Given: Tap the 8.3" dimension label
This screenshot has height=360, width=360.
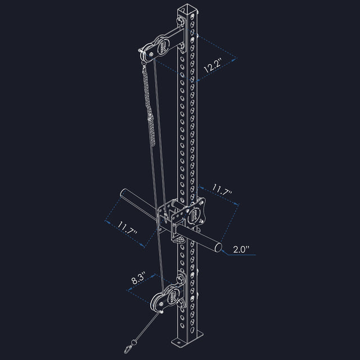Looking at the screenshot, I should tap(138, 277).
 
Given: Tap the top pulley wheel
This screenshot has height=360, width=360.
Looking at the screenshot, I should tap(150, 52).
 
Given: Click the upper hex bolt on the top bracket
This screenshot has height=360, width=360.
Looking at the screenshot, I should tap(181, 22).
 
